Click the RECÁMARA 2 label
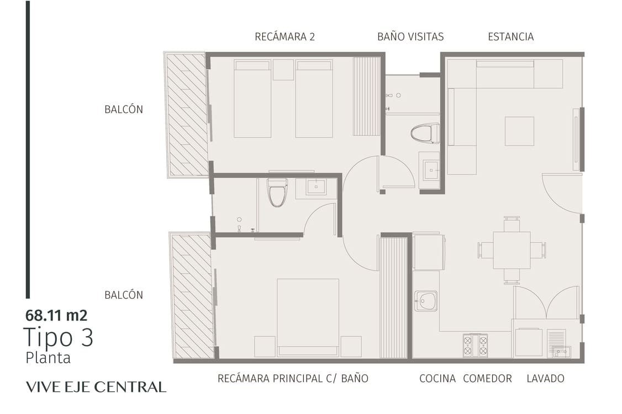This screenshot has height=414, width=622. coord(285,36)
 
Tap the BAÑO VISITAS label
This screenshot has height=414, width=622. coord(410,36)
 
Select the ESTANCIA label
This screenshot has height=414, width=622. coord(510,36)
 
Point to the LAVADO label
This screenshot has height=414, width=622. coord(545,378)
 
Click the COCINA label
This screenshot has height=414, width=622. coord(437,378)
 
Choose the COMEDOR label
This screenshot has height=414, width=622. coord(488,378)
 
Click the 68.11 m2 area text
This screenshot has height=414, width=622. coord(56,315)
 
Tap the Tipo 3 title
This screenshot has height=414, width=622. coord(59,337)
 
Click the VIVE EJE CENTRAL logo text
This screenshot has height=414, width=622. coord(96,387)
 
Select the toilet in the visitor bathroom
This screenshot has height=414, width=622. coord(425,133)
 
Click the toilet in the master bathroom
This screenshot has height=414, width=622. coord(277,192)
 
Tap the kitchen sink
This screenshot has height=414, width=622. coord(426,301)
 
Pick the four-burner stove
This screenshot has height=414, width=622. coord(475,346)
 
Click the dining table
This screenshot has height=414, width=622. coord(512,250)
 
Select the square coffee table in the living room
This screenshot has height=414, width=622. coord(519,131)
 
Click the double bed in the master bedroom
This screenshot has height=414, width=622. coord(308,317)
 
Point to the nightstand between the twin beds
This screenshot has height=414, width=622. coord(283,70)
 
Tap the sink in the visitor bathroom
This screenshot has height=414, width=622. coord(431,170)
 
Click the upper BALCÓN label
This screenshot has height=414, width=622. coord(124,109)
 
